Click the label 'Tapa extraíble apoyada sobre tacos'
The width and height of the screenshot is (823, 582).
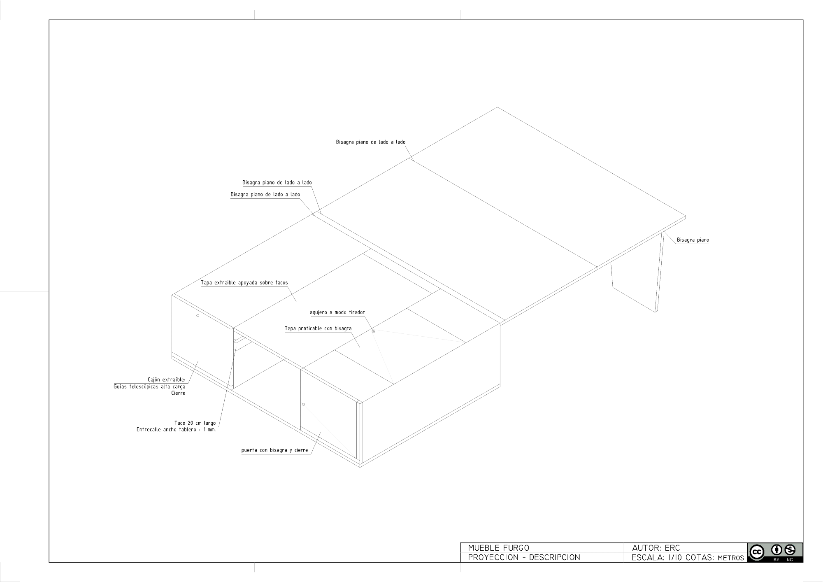[244, 283]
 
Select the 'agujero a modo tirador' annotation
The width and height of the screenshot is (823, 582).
[337, 312]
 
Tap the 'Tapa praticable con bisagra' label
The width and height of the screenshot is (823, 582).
[318, 328]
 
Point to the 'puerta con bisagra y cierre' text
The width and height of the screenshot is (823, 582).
[274, 450]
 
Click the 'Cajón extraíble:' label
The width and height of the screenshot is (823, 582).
[167, 379]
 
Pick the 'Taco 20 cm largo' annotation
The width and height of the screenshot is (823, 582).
[195, 423]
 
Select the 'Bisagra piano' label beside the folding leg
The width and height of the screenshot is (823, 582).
[693, 240]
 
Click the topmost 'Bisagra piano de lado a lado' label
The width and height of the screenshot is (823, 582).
[371, 142]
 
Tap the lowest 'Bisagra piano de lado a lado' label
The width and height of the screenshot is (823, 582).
[265, 195]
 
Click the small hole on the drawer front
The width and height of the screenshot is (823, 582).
[198, 316]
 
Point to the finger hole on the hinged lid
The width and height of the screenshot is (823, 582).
[374, 331]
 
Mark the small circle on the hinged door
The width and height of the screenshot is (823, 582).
[304, 404]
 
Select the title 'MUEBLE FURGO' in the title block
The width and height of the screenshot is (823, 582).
[499, 548]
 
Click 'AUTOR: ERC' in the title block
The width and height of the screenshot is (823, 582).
[656, 548]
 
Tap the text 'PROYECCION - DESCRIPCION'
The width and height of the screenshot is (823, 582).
[524, 557]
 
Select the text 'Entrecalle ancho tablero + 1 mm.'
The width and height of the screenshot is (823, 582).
[176, 430]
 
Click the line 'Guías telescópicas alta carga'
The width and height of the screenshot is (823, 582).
[149, 387]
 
